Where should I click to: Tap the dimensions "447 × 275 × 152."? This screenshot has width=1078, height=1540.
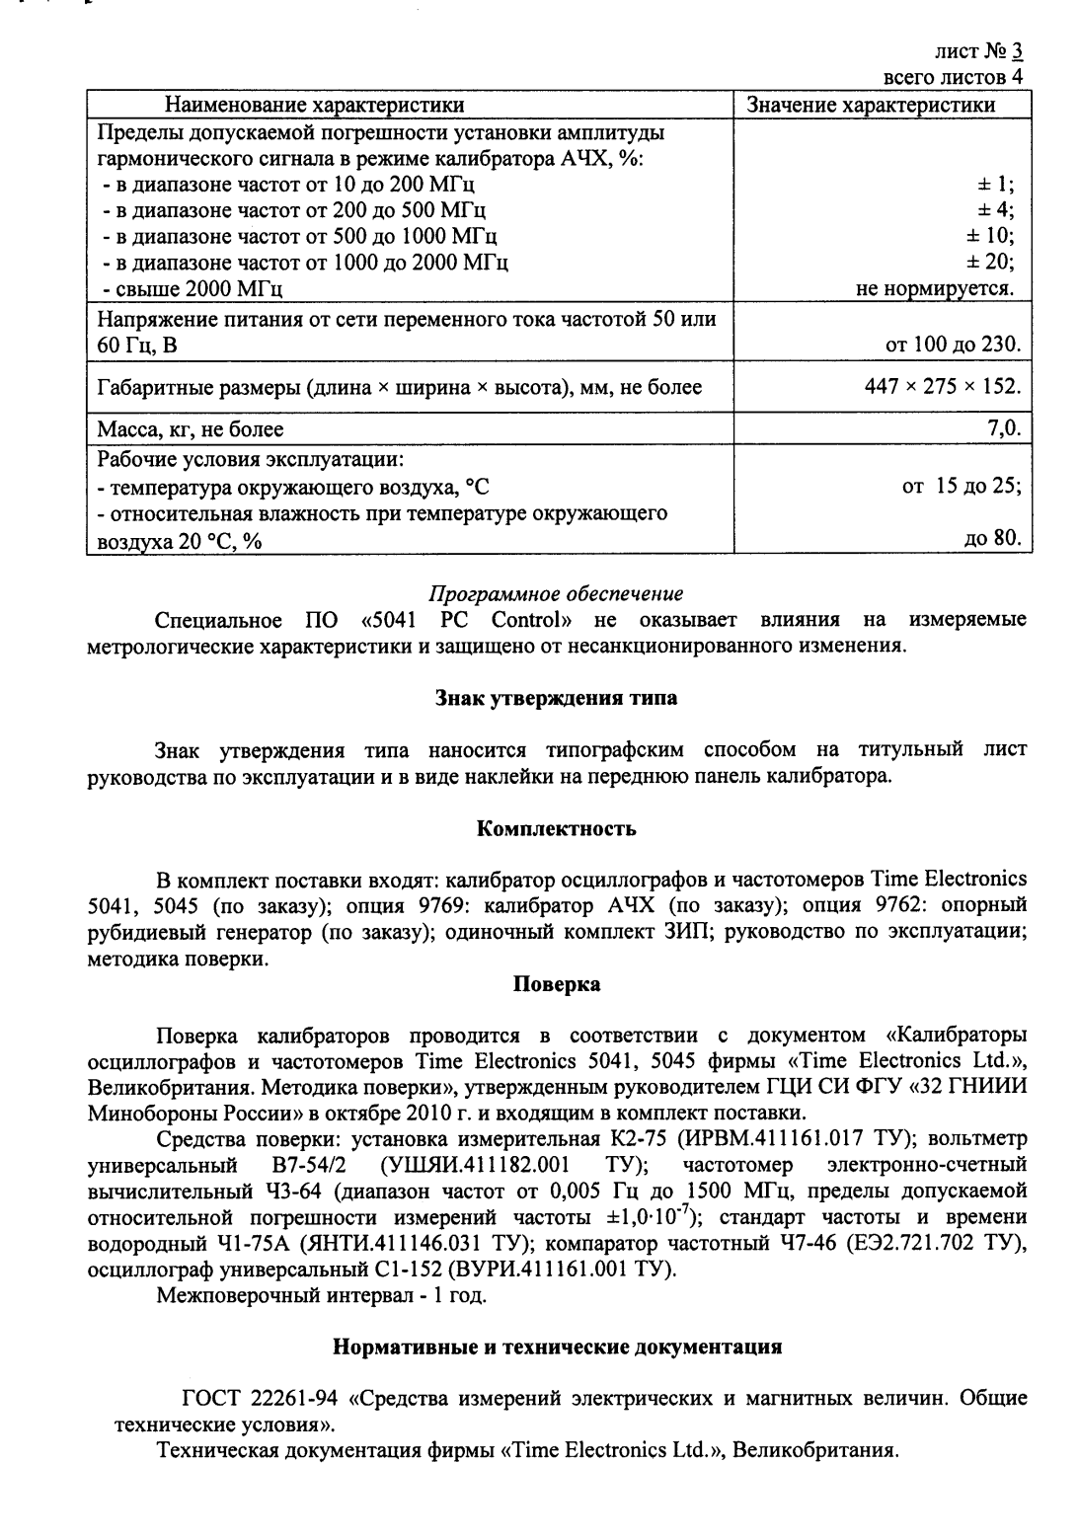[943, 387]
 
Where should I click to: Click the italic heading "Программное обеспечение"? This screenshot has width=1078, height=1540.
[556, 594]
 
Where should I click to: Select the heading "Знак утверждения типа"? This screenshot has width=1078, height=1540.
[556, 698]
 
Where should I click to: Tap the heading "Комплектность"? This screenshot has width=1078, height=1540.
[556, 828]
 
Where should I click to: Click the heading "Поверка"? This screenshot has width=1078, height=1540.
[556, 984]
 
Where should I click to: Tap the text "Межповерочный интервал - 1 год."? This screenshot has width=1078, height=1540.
[322, 1295]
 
